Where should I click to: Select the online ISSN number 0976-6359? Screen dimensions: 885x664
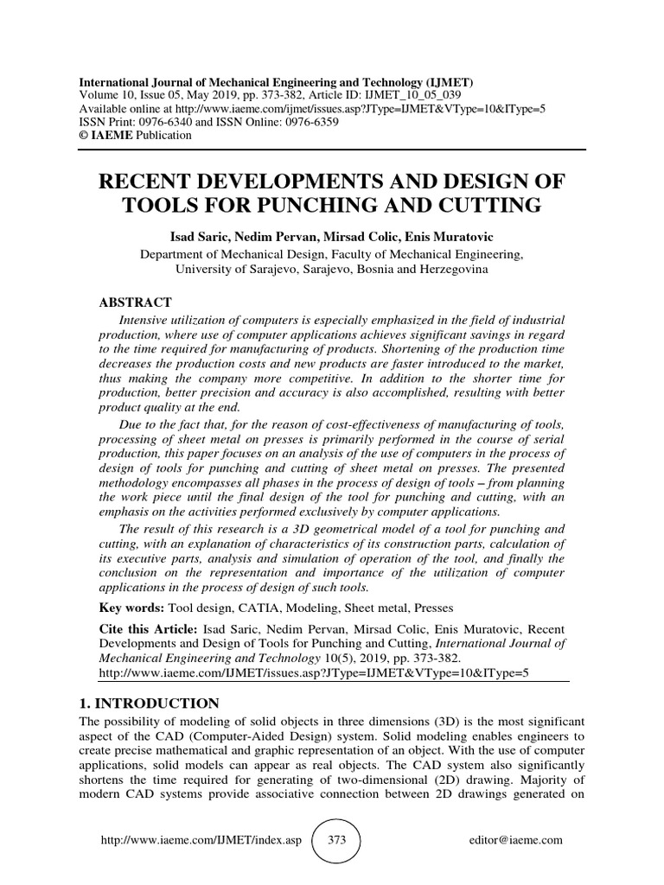point(310,122)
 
